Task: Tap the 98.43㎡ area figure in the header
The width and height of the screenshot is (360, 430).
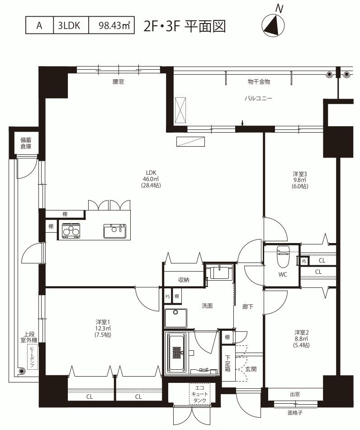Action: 114,25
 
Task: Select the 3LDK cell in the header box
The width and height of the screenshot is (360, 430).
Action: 69,25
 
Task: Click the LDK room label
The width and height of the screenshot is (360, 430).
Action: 151,173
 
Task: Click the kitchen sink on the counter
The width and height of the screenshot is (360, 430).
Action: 115,231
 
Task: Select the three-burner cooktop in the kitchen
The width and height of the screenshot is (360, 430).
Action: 71,231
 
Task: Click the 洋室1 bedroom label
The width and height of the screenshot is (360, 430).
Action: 103,322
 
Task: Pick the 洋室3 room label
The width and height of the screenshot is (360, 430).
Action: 300,174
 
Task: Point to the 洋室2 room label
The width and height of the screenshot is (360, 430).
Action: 302,332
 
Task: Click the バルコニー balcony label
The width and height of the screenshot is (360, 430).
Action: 258,98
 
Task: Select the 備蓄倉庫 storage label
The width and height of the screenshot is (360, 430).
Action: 26,143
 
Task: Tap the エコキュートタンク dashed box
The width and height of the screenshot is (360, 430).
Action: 200,394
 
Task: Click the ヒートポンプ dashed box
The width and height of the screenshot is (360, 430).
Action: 33,357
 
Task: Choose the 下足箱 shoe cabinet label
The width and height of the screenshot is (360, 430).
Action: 227,363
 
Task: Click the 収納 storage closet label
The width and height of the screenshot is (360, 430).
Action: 184,280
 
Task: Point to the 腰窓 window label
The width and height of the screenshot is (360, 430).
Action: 118,82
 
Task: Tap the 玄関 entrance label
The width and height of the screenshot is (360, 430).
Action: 251,369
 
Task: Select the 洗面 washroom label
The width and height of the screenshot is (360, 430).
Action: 207,306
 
